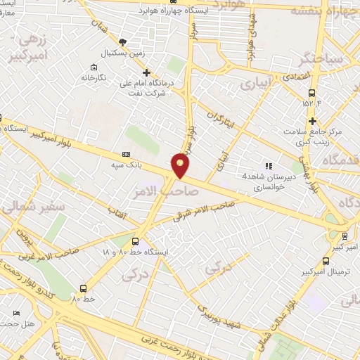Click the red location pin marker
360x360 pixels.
point(181,165)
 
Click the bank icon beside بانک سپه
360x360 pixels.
point(127,154)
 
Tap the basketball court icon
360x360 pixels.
point(123,42)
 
